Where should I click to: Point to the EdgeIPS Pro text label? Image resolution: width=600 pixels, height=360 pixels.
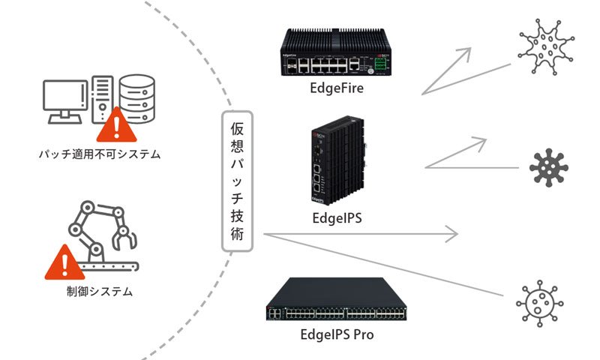click(x=337, y=334)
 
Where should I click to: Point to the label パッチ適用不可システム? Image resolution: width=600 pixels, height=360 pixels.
click(x=100, y=155)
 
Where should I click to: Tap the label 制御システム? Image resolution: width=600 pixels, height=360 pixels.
click(x=100, y=291)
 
